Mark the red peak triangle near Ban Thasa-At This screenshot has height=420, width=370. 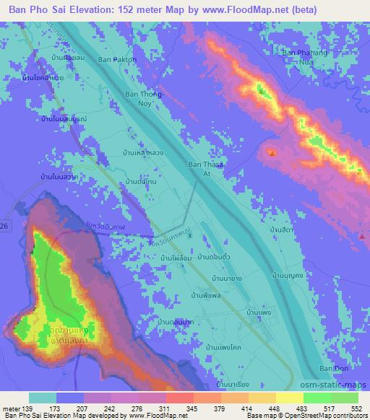coord(272,152)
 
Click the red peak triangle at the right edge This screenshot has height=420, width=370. coord(361,235)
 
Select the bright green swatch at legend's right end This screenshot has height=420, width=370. coord(343,398)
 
